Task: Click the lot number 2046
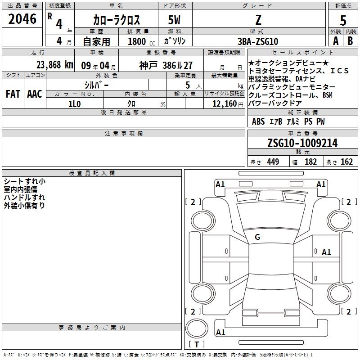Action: pyautogui.click(x=22, y=19)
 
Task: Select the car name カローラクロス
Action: pyautogui.click(x=117, y=20)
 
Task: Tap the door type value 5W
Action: pyautogui.click(x=174, y=20)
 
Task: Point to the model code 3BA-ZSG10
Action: pyautogui.click(x=258, y=41)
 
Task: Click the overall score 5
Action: pyautogui.click(x=343, y=20)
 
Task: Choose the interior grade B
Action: pyautogui.click(x=350, y=41)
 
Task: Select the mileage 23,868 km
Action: pyautogui.click(x=55, y=65)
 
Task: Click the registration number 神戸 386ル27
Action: pyautogui.click(x=166, y=65)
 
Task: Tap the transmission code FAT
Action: pyautogui.click(x=13, y=94)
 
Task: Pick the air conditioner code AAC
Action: pyautogui.click(x=35, y=94)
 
